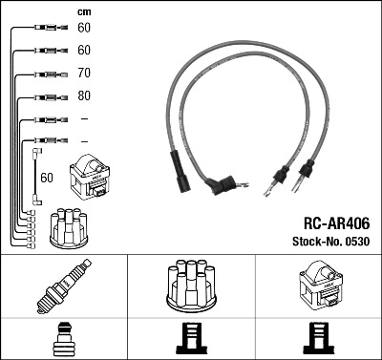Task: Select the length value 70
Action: point(84,73)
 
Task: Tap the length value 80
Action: point(84,95)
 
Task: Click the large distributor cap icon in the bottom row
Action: point(191,286)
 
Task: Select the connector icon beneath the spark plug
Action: point(62,339)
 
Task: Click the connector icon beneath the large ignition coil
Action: point(319,339)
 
